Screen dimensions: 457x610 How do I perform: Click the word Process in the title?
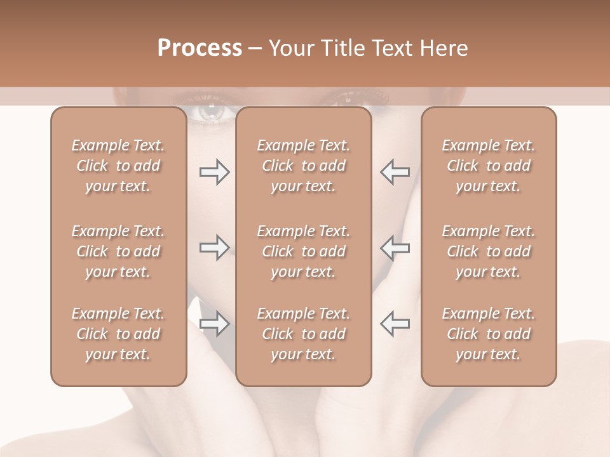200,48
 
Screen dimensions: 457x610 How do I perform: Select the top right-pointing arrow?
214,172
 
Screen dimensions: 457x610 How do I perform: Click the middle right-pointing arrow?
214,248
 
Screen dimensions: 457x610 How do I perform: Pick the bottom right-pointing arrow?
214,324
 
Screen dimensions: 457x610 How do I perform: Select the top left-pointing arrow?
395,172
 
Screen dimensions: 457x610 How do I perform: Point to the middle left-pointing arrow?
395,248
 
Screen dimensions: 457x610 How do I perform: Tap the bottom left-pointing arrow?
395,324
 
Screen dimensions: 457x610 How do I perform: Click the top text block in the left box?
118,166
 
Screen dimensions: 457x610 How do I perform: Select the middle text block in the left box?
118,251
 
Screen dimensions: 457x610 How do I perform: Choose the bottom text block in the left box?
118,334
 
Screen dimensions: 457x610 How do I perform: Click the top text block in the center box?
303,166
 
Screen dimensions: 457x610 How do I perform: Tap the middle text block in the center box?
303,251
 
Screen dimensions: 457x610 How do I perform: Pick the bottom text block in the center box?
303,334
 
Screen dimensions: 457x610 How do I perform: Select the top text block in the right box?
488,166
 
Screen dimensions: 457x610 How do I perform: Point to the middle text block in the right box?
488,251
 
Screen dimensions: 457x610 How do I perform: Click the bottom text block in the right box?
488,334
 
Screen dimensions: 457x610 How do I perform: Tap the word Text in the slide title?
390,48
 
